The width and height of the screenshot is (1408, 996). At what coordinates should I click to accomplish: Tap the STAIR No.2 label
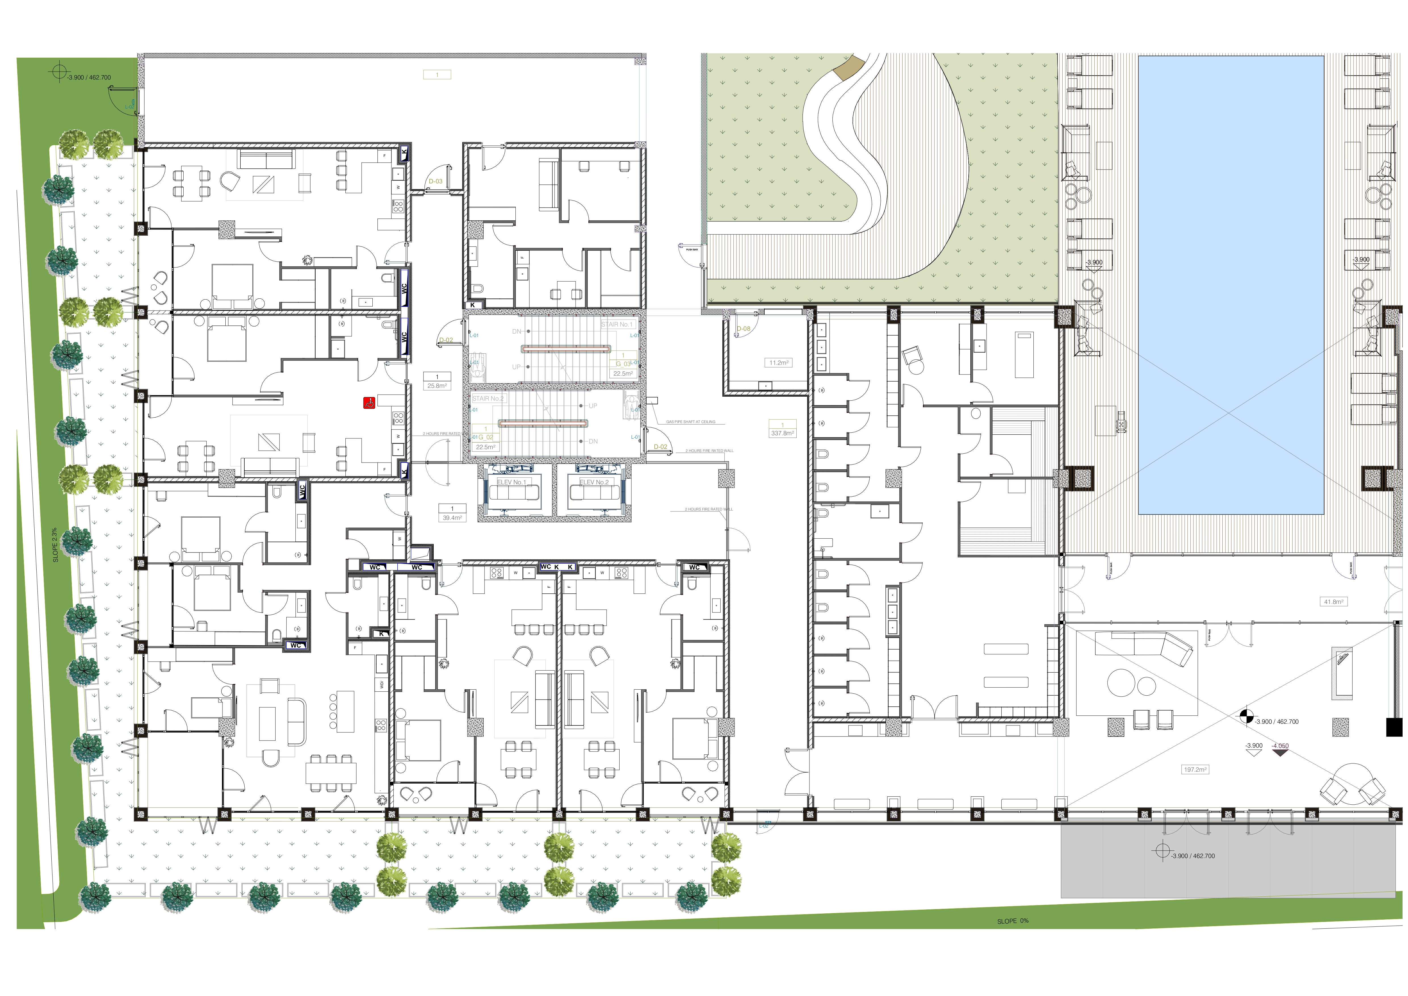click(488, 399)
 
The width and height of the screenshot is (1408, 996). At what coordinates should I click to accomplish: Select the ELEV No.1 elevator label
click(511, 483)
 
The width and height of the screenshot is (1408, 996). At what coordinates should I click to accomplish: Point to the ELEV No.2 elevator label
click(594, 483)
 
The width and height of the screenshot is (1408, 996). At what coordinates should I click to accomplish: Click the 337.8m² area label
click(782, 433)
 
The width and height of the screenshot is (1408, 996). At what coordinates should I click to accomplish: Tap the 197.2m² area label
click(1195, 770)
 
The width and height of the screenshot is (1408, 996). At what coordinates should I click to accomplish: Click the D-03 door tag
click(435, 181)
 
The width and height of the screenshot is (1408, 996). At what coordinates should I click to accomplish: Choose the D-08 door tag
click(743, 329)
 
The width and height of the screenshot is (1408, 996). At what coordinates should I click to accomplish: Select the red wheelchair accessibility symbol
click(369, 403)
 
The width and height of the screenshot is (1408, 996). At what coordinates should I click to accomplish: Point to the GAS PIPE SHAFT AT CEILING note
click(691, 422)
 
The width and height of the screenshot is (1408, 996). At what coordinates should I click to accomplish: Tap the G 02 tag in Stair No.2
click(486, 437)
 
